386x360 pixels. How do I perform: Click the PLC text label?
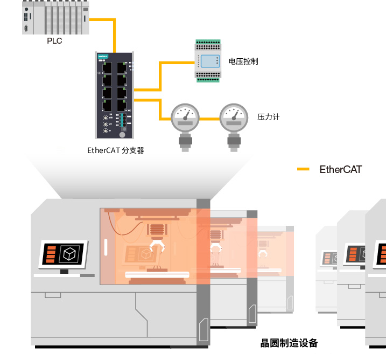click(55, 41)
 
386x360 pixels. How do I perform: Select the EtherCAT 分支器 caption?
click(116, 151)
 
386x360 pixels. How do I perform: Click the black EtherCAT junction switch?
click(115, 95)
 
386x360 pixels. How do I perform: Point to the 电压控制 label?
click(243, 61)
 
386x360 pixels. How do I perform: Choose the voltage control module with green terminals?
click(208, 60)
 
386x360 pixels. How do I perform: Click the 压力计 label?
click(269, 117)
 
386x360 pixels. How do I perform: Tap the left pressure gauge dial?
click(185, 116)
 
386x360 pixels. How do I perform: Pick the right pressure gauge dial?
click(234, 116)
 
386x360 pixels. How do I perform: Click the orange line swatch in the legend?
click(304, 169)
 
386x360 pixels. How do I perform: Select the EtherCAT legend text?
click(341, 169)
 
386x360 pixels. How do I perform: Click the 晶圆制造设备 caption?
click(289, 343)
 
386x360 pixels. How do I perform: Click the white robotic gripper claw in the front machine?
click(157, 248)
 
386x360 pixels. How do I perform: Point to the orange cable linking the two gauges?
click(209, 119)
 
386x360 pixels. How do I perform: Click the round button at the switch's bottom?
click(122, 134)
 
